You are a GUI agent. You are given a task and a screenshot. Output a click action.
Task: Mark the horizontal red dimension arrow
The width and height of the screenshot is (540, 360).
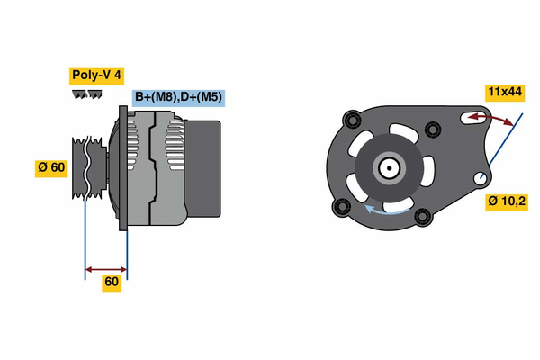pos(105,268)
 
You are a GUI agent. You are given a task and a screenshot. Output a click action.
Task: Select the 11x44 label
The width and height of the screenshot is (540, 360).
pos(504,91)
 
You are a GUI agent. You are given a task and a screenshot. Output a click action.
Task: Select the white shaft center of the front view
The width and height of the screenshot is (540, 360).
pos(389,166)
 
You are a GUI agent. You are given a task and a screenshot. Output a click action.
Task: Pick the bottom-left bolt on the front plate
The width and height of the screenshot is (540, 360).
pos(340,209)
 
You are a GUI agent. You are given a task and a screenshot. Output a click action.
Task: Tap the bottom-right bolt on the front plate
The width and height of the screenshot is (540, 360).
pos(422,215)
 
